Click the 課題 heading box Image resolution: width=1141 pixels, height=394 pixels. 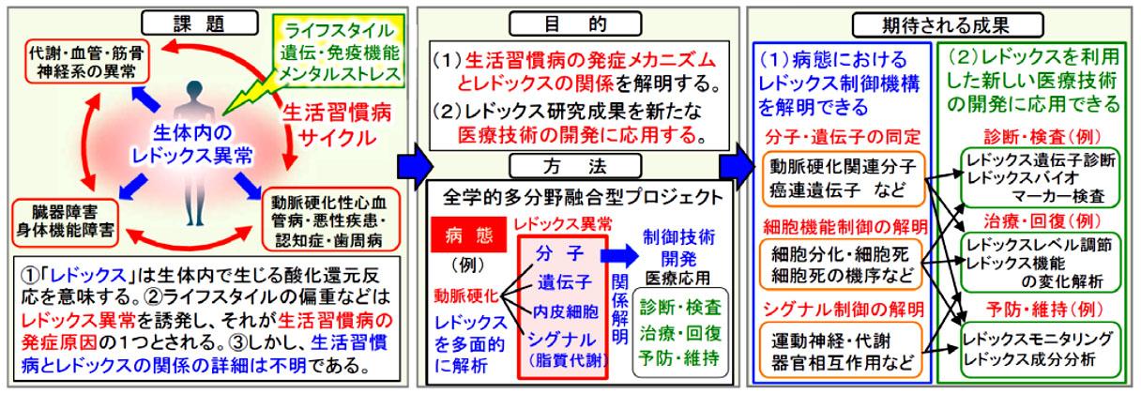click(199, 23)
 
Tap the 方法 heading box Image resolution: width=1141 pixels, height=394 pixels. click(575, 166)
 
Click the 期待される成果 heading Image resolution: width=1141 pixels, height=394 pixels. click(948, 25)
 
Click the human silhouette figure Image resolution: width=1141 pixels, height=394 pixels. click(194, 153)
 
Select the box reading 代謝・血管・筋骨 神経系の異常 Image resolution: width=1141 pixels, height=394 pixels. click(87, 62)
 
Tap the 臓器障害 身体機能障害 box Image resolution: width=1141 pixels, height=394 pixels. click(65, 221)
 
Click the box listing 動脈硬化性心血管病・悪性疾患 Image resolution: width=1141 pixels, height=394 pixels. click(330, 221)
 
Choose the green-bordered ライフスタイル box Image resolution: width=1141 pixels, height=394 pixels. click(339, 51)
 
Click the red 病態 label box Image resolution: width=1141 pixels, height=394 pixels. click(468, 235)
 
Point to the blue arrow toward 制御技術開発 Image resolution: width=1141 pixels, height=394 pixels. click(619, 255)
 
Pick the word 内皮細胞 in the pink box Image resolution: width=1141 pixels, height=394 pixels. click(565, 311)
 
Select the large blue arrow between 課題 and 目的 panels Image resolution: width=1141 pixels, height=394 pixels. click(415, 166)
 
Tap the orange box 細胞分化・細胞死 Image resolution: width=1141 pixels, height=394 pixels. click(841, 265)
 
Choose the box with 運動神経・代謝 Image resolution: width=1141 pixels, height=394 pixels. click(841, 350)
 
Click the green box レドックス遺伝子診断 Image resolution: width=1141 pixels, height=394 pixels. click(1041, 177)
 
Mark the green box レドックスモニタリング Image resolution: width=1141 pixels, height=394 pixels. click(1041, 349)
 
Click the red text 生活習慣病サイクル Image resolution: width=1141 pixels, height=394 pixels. click(337, 125)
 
